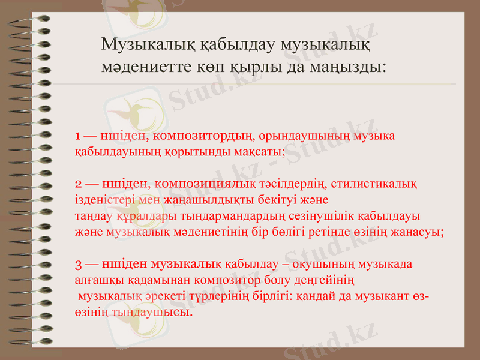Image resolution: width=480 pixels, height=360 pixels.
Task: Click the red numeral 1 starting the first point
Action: click(x=78, y=136)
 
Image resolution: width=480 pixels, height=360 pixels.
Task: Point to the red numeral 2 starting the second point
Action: click(x=79, y=182)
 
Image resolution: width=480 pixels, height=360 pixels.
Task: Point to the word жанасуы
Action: click(x=418, y=231)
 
